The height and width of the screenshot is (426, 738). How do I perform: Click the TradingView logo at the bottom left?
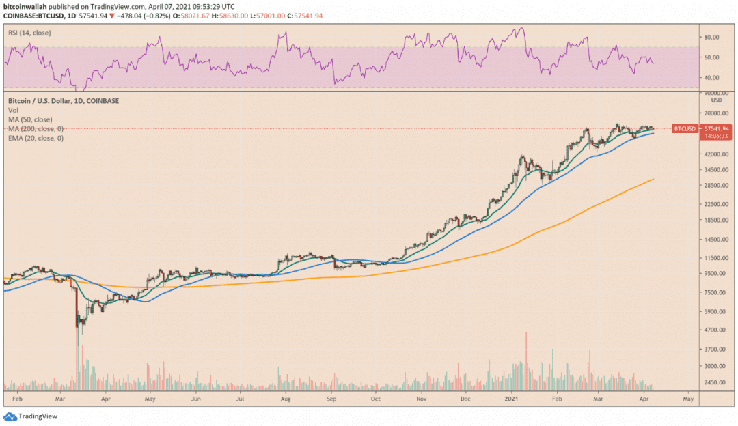point(31,416)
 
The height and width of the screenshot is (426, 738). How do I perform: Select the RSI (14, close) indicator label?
point(29,33)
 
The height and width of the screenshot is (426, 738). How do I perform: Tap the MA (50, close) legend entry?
point(30,119)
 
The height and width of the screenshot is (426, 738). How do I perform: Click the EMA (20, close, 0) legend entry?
point(36,138)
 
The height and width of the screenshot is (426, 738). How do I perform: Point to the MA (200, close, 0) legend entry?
point(36,129)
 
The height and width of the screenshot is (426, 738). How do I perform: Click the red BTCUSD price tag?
point(685,129)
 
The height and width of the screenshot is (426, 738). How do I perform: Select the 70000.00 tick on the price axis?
point(716,113)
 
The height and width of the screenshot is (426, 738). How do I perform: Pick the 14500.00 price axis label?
point(716,240)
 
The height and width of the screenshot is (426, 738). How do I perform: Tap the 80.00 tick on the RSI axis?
point(711,37)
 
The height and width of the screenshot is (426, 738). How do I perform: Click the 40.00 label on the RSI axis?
point(711,78)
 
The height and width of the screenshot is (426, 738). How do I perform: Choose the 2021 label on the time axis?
point(511,399)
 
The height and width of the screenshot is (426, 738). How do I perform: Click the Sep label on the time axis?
point(331,399)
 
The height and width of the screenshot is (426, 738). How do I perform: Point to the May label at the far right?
point(688,399)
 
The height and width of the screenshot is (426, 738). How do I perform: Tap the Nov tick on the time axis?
point(421,399)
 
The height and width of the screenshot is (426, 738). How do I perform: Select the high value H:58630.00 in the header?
point(230,16)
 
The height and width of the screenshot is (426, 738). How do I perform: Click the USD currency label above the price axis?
point(716,100)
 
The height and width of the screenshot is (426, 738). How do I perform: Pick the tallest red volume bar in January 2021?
point(526,361)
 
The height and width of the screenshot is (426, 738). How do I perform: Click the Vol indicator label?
point(13,110)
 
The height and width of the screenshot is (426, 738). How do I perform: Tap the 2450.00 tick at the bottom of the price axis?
point(715,382)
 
